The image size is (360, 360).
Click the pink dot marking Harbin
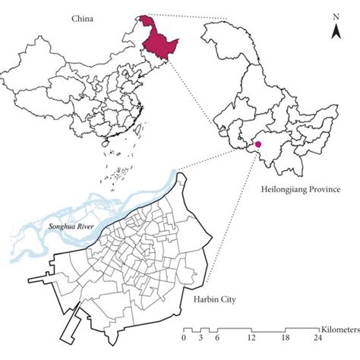(258, 144)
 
